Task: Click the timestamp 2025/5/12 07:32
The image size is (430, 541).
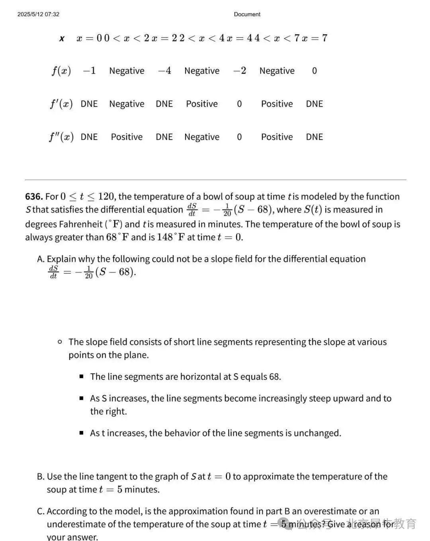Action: tap(38, 14)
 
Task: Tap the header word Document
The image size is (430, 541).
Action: tap(247, 14)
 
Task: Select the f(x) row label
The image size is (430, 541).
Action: tap(61, 71)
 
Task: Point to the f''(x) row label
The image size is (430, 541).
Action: tap(61, 137)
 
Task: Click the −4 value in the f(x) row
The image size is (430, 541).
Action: tap(164, 71)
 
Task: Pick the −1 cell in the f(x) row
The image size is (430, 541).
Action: tap(89, 71)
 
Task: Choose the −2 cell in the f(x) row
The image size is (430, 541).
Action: tap(239, 71)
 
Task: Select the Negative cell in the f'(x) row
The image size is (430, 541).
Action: tap(127, 104)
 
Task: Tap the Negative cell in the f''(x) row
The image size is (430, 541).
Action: tap(201, 137)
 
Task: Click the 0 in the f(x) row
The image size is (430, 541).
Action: tap(314, 71)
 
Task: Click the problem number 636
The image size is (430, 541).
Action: tap(33, 197)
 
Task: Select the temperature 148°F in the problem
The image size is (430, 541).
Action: tap(170, 237)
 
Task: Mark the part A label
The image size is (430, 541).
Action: tap(41, 259)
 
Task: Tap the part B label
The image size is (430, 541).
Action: tap(41, 477)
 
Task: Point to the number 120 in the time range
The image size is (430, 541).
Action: tap(106, 197)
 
